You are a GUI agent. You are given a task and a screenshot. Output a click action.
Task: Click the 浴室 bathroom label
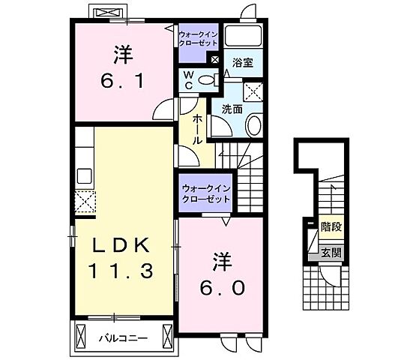pos(242,63)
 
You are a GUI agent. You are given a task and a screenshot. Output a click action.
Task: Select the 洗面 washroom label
pos(232,109)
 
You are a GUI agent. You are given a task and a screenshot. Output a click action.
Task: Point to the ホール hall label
pos(197,130)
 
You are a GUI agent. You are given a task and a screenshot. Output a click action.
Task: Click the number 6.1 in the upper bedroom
pos(123,80)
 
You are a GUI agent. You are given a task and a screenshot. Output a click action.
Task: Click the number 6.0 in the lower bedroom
pos(223,287)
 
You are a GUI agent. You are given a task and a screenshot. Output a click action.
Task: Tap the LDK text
pos(121,245)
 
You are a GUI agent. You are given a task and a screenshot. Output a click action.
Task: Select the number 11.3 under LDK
pos(121,271)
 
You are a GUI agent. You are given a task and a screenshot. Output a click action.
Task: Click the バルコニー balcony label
pos(123,338)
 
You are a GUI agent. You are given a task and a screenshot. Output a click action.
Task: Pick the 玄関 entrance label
pos(331,253)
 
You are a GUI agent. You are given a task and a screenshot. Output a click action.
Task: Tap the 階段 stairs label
pos(331,226)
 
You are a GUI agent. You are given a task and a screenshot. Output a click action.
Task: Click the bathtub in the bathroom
pos(244,35)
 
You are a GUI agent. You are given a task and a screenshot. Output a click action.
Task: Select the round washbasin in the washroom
pos(254,125)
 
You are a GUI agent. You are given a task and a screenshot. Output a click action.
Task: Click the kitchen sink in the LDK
pos(84,175)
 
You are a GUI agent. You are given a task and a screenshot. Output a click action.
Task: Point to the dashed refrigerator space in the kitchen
pos(85,202)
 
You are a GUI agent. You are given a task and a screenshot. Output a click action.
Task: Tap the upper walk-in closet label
pos(198,38)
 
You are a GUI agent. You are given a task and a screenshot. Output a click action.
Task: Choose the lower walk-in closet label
pos(206,193)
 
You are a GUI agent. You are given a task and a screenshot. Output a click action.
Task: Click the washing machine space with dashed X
pos(253,91)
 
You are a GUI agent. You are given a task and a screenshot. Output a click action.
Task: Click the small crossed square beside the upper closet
pos(215,60)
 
